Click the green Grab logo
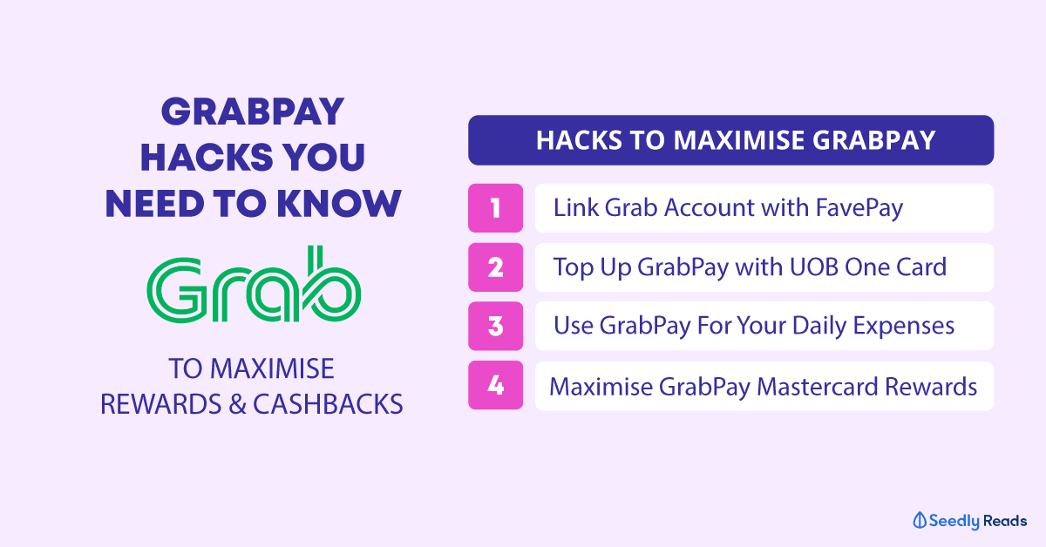[x=254, y=284]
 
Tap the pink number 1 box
[x=495, y=208]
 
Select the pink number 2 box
[x=495, y=267]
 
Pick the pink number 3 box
[x=495, y=326]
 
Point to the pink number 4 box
[x=495, y=385]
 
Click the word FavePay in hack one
[x=859, y=209]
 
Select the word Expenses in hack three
[x=904, y=327]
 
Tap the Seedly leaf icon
[x=920, y=520]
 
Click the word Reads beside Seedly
[x=1004, y=521]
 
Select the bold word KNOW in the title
[x=339, y=204]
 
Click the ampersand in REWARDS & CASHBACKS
[x=237, y=404]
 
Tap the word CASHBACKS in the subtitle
[x=328, y=404]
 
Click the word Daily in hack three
[x=819, y=327]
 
